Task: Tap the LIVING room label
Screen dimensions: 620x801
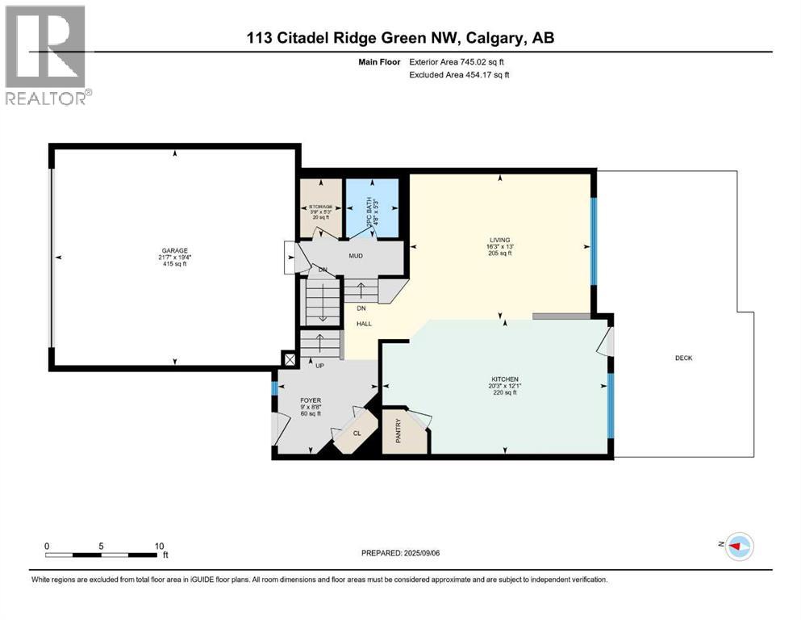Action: [x=500, y=239]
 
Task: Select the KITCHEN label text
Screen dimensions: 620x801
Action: [x=505, y=379]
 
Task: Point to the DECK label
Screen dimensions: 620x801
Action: [x=684, y=358]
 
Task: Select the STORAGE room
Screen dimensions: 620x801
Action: [x=321, y=208]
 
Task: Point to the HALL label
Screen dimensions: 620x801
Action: [x=364, y=323]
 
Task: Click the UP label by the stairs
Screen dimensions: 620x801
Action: [x=319, y=365]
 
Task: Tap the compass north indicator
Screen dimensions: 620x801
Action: [x=739, y=547]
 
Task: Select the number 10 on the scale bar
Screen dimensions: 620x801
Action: [x=159, y=545]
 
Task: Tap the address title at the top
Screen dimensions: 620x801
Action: [x=400, y=38]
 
